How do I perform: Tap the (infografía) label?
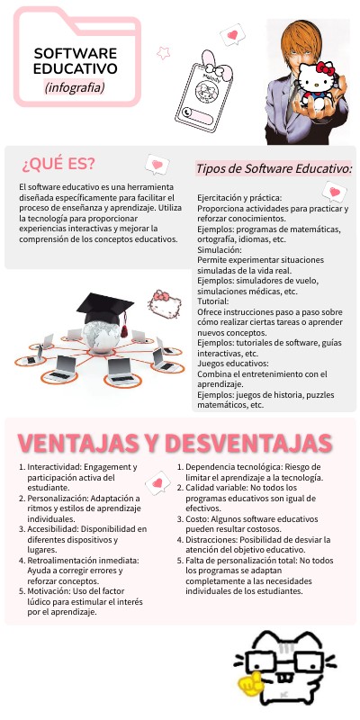click(75, 87)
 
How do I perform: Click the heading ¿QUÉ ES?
click(58, 164)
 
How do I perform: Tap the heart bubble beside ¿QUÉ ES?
click(158, 165)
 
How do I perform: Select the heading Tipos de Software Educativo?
click(274, 168)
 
